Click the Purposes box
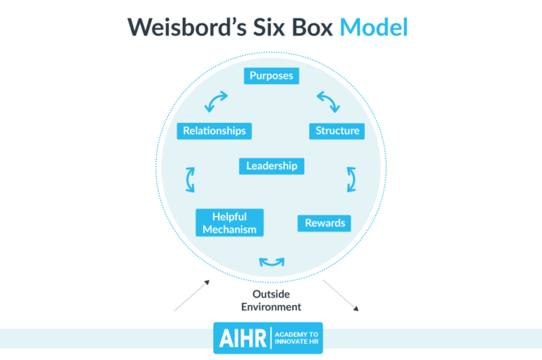[271, 76]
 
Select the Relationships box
[215, 131]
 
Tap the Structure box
[337, 131]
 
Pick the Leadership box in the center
[272, 166]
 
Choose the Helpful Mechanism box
[229, 223]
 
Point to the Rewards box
[325, 223]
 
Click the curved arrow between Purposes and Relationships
[216, 102]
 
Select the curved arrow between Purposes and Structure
[327, 102]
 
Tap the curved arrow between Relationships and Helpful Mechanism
[190, 179]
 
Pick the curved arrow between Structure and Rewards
[351, 179]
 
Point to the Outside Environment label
[271, 300]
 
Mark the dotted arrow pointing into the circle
[192, 295]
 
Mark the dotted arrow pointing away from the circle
[342, 295]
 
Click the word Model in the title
[373, 28]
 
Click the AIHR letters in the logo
[241, 338]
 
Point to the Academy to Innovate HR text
[296, 338]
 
